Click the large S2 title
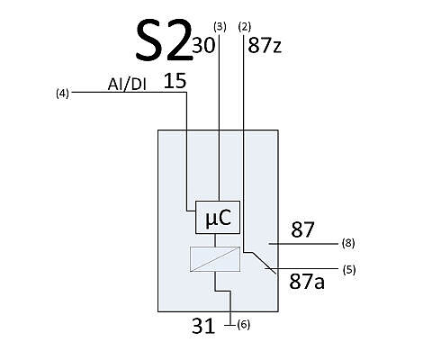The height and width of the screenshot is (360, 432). [x=164, y=40]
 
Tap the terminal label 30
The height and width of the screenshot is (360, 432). [x=203, y=45]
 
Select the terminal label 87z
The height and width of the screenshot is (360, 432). [x=265, y=46]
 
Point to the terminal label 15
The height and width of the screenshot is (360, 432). [x=175, y=80]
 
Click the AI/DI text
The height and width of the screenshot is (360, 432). [x=127, y=85]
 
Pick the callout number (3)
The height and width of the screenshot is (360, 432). [x=220, y=27]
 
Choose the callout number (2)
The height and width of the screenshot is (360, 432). [x=244, y=27]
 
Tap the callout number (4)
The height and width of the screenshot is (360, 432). [x=62, y=94]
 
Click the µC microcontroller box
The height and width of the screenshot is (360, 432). [x=218, y=217]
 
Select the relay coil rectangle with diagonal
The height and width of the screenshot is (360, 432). [x=215, y=259]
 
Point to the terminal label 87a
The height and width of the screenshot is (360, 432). [x=307, y=282]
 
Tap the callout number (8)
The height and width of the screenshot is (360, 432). [x=348, y=243]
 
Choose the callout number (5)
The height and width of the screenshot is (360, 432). [x=349, y=270]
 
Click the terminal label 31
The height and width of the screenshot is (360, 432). [x=203, y=326]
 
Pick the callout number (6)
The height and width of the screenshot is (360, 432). [x=243, y=325]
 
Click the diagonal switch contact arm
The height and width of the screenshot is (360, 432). [x=264, y=263]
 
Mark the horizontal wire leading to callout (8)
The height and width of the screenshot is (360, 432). [x=303, y=244]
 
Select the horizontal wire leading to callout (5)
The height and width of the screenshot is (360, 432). [x=301, y=268]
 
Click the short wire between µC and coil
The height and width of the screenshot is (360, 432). [x=215, y=240]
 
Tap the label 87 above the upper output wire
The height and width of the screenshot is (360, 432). [x=302, y=229]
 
